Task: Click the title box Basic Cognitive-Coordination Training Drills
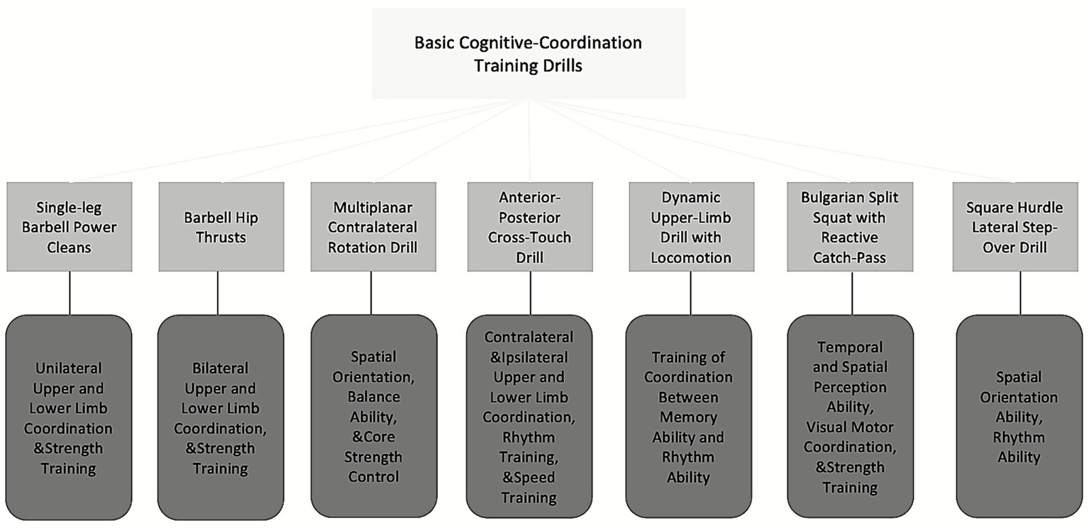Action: [529, 53]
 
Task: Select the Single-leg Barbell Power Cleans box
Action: [70, 227]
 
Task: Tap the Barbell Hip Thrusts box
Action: [221, 227]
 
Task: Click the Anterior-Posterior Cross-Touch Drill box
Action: [530, 227]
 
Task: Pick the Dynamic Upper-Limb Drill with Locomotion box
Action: [691, 227]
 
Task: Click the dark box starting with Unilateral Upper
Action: [69, 418]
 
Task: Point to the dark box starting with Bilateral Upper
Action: [221, 418]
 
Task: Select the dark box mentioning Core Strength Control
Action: [374, 416]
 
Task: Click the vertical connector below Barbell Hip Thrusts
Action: [218, 293]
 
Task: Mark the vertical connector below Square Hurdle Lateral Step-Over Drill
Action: [1020, 293]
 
